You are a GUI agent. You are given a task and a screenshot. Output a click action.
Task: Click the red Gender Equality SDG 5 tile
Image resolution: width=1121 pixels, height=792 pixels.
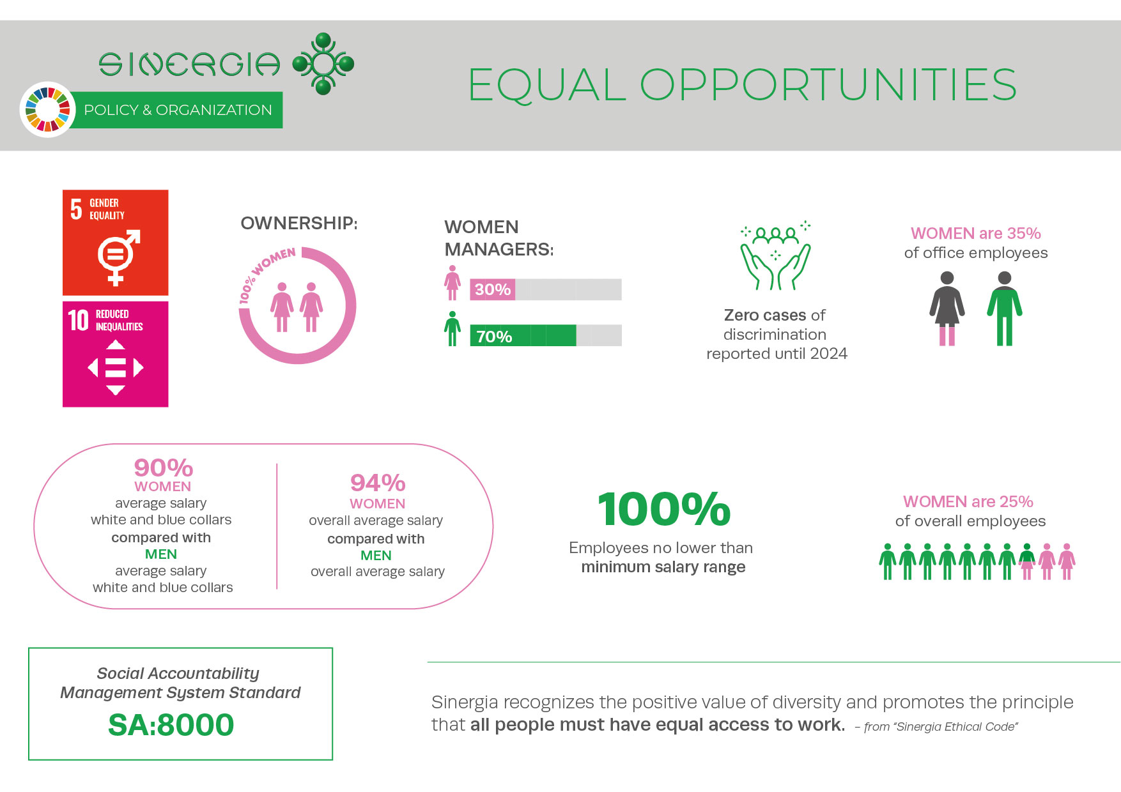(115, 242)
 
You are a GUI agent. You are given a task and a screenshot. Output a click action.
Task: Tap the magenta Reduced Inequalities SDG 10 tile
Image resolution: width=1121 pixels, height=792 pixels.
(115, 354)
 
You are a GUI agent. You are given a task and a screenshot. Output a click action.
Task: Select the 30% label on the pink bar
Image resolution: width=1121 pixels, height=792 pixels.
(492, 289)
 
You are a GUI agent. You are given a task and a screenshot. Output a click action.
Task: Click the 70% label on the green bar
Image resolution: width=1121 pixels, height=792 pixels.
(494, 337)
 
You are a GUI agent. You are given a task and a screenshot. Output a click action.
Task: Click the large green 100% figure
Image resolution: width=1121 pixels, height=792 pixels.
(664, 510)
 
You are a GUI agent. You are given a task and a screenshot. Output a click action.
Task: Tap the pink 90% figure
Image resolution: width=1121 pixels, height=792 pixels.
(163, 468)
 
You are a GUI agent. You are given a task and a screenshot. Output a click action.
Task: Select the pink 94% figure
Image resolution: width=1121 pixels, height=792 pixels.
(378, 483)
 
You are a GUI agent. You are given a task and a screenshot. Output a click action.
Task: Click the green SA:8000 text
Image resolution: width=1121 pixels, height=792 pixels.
(171, 725)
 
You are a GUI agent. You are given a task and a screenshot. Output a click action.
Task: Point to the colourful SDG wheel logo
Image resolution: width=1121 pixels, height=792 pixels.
(47, 109)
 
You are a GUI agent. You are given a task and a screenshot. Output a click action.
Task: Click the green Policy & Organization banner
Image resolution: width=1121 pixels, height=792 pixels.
(177, 110)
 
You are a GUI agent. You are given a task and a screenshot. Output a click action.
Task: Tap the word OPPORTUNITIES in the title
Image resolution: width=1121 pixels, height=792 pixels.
(828, 85)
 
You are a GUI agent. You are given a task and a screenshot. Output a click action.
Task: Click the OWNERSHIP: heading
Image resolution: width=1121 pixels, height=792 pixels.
(299, 223)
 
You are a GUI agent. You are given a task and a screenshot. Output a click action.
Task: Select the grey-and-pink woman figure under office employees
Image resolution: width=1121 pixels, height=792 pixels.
(947, 308)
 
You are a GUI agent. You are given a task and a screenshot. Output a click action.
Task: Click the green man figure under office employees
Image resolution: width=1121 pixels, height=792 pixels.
(1005, 308)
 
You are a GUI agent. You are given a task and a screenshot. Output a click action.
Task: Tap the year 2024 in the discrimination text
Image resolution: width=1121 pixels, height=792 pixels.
(828, 354)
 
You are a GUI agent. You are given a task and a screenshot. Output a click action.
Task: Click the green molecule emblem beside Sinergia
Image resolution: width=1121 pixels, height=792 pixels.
(323, 64)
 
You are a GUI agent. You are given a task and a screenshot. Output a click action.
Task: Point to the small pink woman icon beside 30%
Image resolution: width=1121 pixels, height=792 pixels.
(452, 283)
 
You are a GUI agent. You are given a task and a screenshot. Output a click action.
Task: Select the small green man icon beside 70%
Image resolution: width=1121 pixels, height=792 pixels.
(452, 329)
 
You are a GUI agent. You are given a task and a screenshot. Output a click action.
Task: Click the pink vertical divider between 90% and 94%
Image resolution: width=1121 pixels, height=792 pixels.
(277, 526)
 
